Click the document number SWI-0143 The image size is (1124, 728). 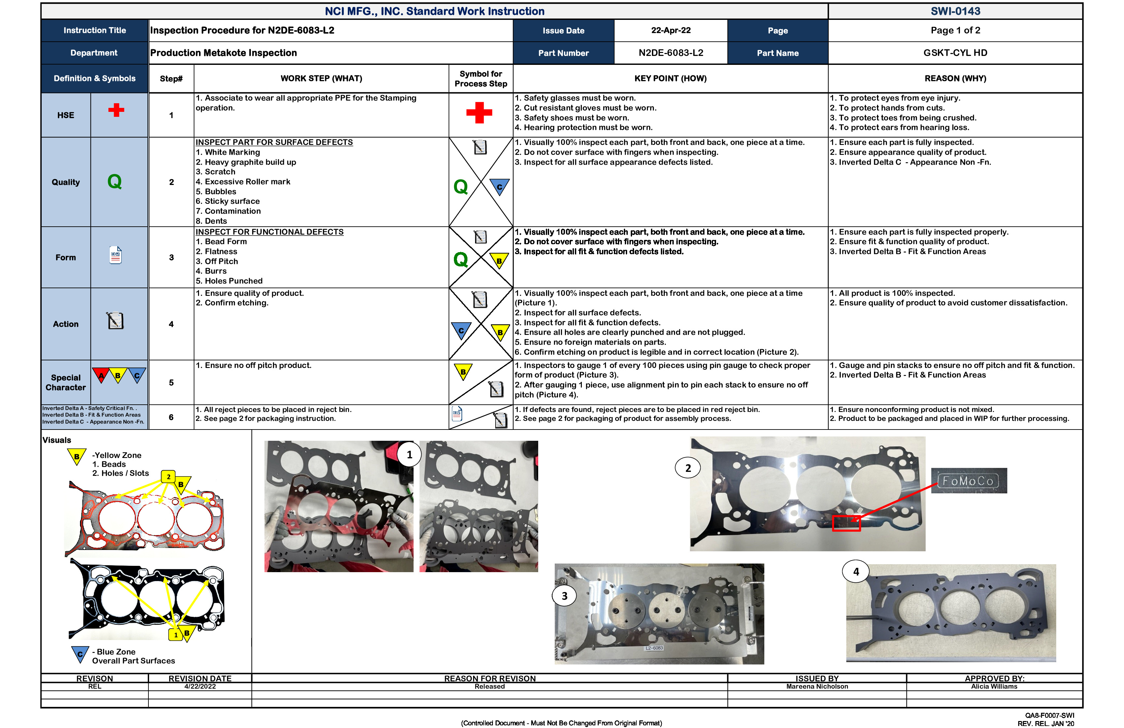(955, 11)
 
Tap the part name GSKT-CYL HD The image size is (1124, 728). (955, 53)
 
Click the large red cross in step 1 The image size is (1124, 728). (479, 113)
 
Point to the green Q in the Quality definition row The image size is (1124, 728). (114, 182)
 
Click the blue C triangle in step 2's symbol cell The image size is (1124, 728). (499, 186)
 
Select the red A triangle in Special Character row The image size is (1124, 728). (100, 375)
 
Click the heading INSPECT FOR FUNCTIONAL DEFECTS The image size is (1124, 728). (269, 232)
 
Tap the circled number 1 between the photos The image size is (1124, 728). (409, 454)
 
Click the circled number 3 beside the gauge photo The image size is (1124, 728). (564, 596)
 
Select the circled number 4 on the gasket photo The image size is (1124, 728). (856, 571)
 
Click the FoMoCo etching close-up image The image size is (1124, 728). (969, 481)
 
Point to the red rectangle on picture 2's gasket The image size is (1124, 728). (846, 523)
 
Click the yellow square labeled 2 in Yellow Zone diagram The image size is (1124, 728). (168, 477)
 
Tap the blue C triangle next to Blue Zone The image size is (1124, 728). (80, 654)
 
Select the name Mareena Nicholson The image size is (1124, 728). (817, 686)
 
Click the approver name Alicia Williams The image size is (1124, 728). (994, 686)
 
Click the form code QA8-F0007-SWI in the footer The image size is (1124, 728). (1049, 715)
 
